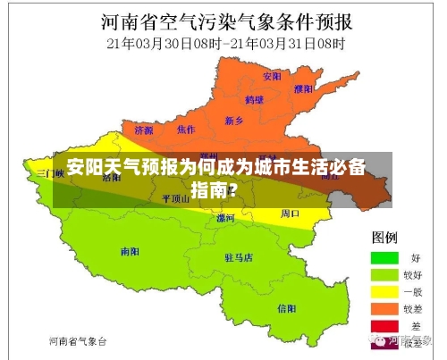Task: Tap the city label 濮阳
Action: pyautogui.click(x=304, y=88)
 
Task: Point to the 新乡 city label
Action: pyautogui.click(x=234, y=120)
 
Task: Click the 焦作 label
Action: pyautogui.click(x=186, y=130)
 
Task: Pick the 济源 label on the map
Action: pyautogui.click(x=144, y=130)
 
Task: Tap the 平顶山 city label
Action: pyautogui.click(x=175, y=198)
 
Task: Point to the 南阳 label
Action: pyautogui.click(x=131, y=252)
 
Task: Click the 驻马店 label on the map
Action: pyautogui.click(x=238, y=257)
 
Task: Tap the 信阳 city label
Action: pyautogui.click(x=286, y=308)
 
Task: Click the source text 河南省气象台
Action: pyautogui.click(x=78, y=341)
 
